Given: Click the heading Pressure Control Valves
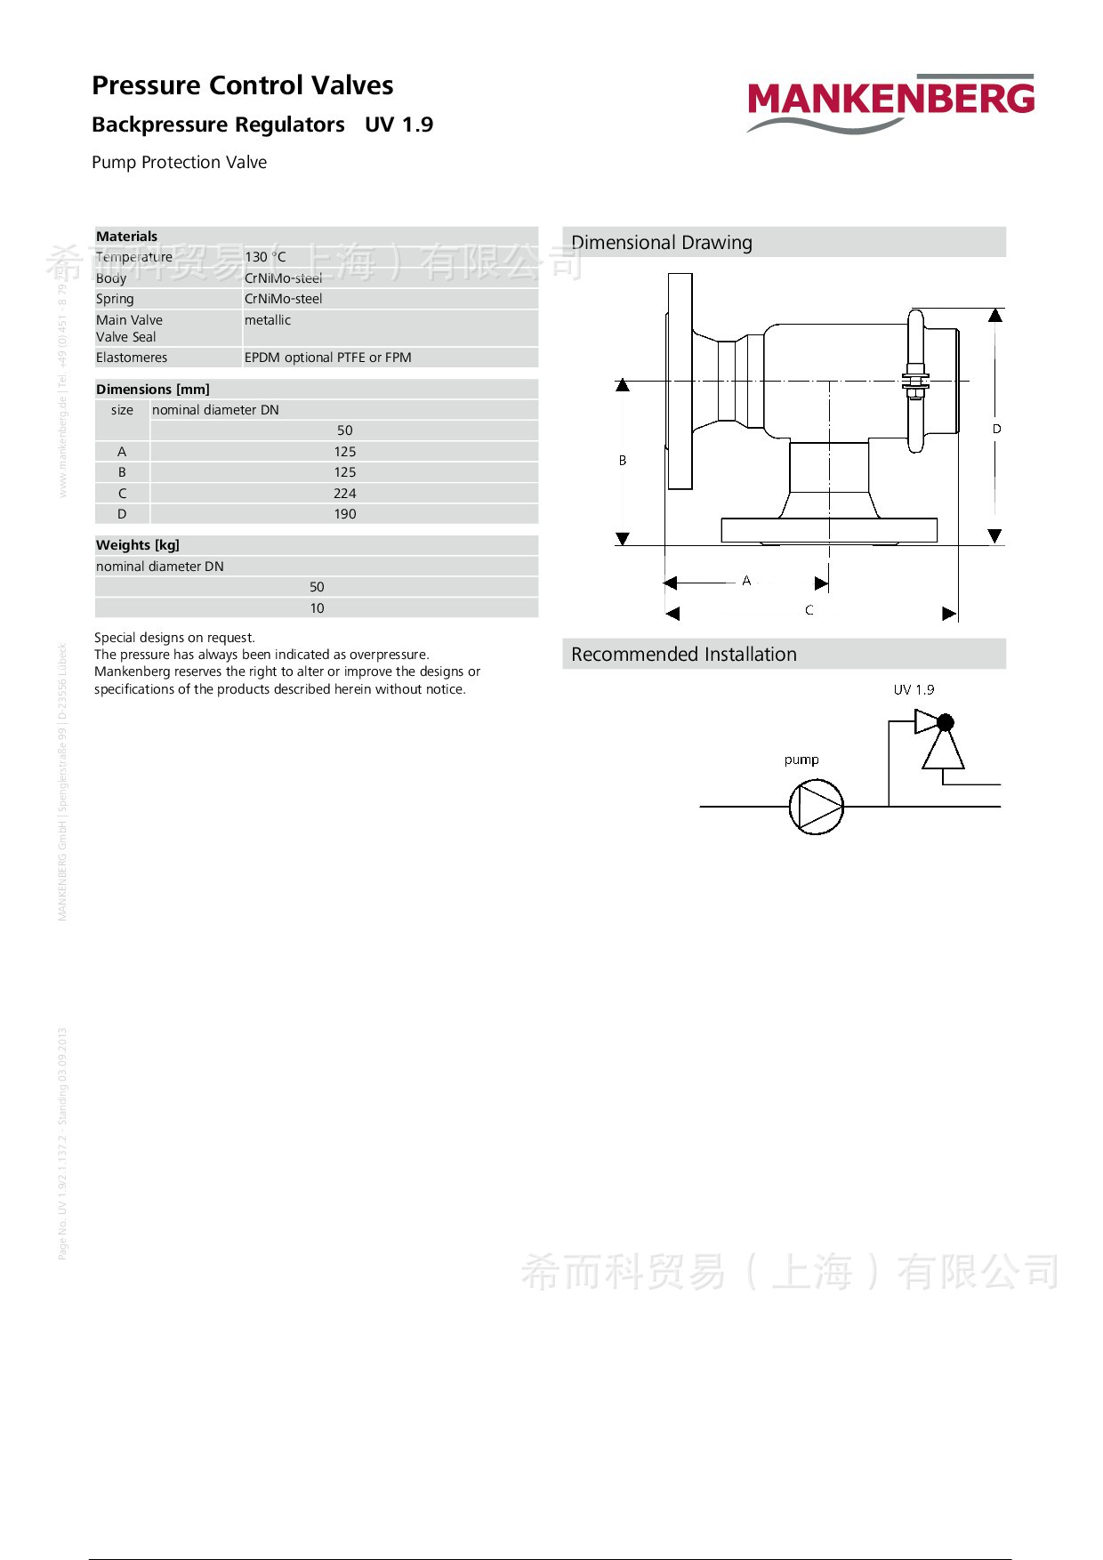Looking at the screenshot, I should click(x=242, y=85).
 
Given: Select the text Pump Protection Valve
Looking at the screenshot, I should click(x=179, y=163).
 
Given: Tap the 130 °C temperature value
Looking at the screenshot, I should click(x=265, y=257).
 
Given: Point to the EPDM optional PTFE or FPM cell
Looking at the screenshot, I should click(x=327, y=358).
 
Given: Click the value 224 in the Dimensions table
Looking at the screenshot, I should click(x=344, y=494).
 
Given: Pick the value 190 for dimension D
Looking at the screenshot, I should click(x=344, y=514).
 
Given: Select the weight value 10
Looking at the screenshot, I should click(x=317, y=608).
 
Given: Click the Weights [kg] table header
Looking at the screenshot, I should click(x=138, y=545).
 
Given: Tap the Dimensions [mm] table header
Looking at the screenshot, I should click(x=153, y=390).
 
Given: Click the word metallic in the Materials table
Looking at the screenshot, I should click(x=268, y=320).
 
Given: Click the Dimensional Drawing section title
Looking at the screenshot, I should click(x=662, y=243).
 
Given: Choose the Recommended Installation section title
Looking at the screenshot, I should click(x=684, y=655).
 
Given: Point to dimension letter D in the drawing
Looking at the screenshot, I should click(x=997, y=429).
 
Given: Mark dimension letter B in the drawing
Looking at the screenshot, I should click(x=623, y=461).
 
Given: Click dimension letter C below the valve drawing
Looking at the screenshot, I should click(x=809, y=610).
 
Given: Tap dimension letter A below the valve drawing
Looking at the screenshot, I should click(x=746, y=581).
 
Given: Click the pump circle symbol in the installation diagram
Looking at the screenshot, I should click(x=816, y=807).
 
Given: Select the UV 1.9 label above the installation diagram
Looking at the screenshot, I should click(x=914, y=689).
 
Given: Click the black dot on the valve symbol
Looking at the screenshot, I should click(x=946, y=722).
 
